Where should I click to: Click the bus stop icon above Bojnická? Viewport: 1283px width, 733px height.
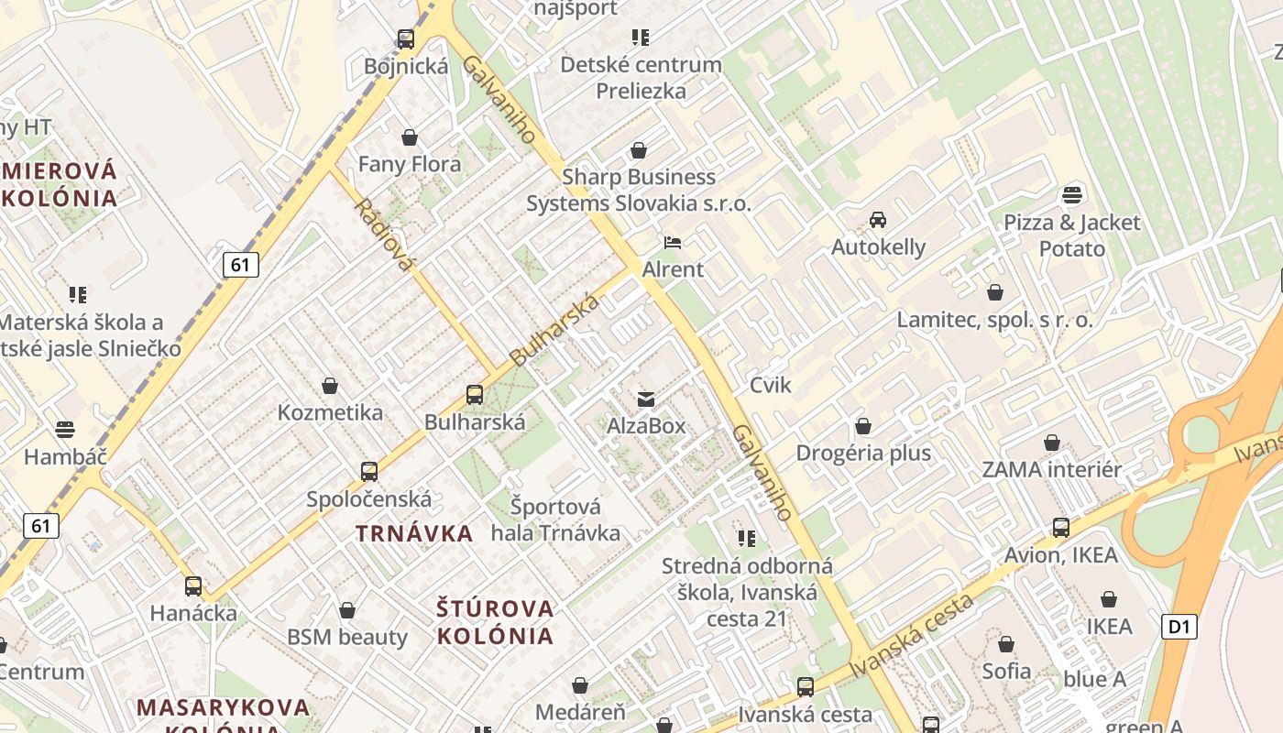406,39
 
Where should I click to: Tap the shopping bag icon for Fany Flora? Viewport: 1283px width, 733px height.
410,137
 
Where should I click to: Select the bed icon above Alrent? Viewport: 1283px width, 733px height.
673,243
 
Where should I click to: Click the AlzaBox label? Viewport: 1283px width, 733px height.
646,426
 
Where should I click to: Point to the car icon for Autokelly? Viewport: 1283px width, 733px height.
878,220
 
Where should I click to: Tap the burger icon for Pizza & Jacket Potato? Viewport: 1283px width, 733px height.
1072,194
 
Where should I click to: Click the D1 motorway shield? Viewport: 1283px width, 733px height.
1179,627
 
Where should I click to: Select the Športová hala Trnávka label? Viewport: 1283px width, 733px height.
555,520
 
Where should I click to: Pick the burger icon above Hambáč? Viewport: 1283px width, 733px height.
64,430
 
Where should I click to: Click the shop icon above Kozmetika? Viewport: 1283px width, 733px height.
330,386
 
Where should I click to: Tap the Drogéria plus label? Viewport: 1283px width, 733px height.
863,453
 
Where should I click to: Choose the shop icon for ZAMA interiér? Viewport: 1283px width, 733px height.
1052,443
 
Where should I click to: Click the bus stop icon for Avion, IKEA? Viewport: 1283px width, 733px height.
1061,528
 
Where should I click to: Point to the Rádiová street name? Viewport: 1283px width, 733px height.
383,235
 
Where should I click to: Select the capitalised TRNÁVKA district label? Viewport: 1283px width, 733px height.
414,533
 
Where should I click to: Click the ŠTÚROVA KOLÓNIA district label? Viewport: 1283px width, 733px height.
496,622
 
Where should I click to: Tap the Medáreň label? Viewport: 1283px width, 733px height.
580,712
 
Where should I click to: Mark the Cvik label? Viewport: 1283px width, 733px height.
770,385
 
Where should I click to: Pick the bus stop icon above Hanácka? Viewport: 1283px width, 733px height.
193,586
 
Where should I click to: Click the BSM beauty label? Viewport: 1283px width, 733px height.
347,637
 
